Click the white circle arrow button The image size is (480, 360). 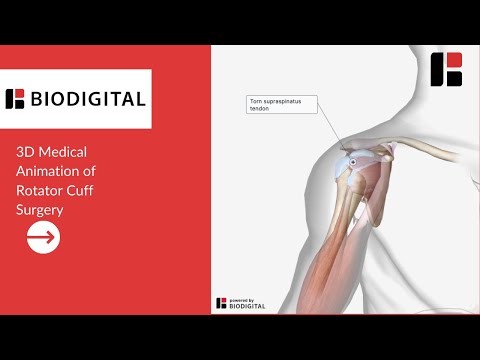[x=43, y=237]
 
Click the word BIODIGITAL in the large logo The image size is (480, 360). [x=88, y=99]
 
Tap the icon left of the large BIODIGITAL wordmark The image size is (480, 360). [x=15, y=99]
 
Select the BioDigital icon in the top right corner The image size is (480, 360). [x=446, y=69]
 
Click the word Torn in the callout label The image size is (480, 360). [x=256, y=101]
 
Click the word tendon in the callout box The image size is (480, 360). [x=259, y=108]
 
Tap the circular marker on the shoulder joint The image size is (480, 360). [x=353, y=162]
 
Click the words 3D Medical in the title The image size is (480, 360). [x=51, y=152]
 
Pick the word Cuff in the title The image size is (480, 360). [x=80, y=190]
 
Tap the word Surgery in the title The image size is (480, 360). [x=40, y=210]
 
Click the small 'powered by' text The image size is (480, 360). [x=242, y=301]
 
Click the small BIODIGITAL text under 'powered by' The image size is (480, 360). [x=247, y=306]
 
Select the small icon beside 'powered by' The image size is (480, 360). [x=221, y=303]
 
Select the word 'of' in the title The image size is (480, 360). [x=89, y=171]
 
